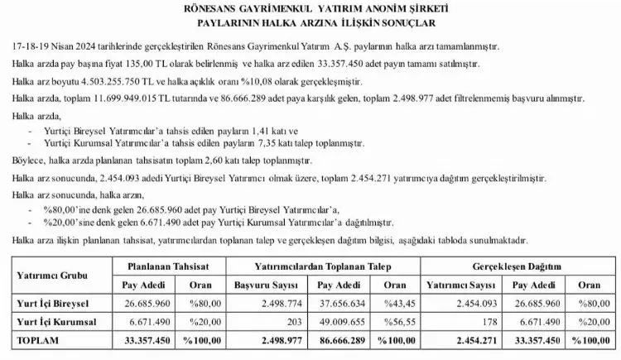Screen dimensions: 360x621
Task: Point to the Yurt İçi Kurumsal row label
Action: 56,319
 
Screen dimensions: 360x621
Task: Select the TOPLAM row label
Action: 37,339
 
